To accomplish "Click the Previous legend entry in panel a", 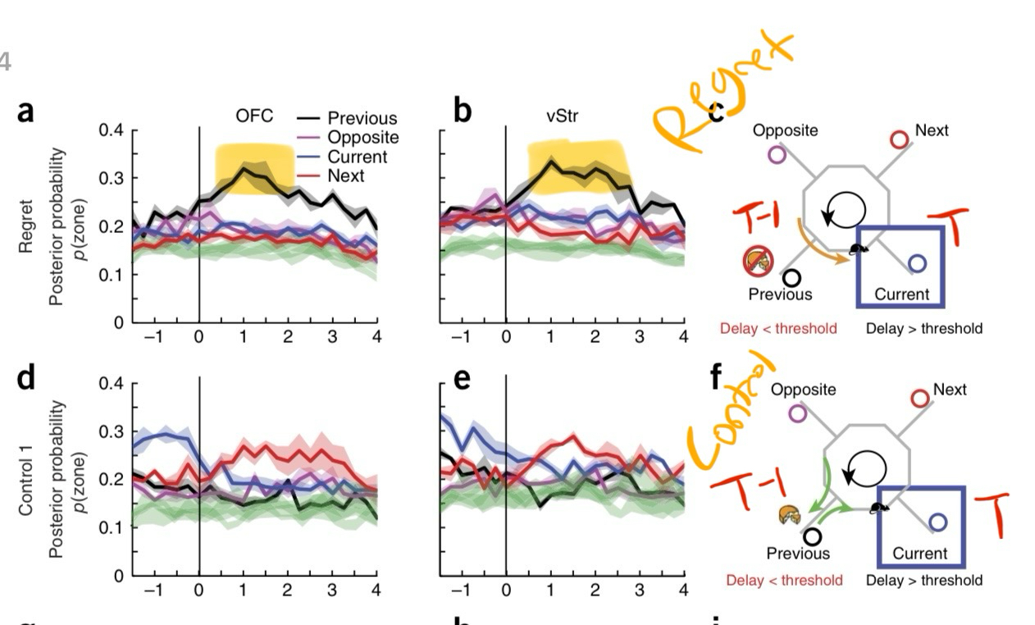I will pos(361,119).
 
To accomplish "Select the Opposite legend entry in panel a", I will pos(362,138).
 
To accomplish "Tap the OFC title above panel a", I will pos(254,116).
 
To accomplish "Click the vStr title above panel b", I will pos(562,116).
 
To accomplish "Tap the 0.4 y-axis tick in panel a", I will pos(110,130).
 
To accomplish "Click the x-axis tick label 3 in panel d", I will pos(332,591).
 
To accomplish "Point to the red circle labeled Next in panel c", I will pos(900,139).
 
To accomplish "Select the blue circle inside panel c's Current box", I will pos(918,263).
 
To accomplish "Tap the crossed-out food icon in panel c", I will pos(757,262).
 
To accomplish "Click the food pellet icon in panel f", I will pos(789,515).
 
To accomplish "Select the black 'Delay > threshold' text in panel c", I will pos(924,328).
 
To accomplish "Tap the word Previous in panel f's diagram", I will pos(798,554).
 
